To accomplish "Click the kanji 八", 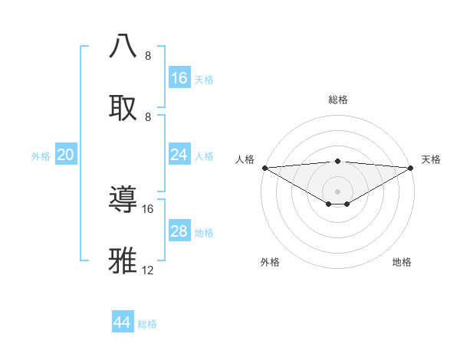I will [x=123, y=45].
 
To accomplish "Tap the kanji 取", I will [x=123, y=106].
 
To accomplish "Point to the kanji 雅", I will [x=123, y=260].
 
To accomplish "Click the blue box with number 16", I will [x=179, y=78].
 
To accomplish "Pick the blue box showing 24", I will [x=179, y=155].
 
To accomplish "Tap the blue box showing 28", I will [x=179, y=231].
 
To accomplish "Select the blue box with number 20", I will [x=66, y=155].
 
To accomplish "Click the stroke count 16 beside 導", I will [x=148, y=208].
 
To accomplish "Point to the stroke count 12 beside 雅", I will [x=148, y=270].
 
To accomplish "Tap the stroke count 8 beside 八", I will [x=148, y=56].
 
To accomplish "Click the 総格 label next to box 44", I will [x=147, y=324].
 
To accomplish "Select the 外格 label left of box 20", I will [x=41, y=156].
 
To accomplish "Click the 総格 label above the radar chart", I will [x=337, y=100].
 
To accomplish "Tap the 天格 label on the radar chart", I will [x=431, y=159].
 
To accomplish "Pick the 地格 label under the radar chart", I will [x=402, y=263].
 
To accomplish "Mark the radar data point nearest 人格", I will [x=264, y=168].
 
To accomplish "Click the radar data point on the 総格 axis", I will [x=337, y=161].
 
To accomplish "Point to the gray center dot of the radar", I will [x=337, y=191].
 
